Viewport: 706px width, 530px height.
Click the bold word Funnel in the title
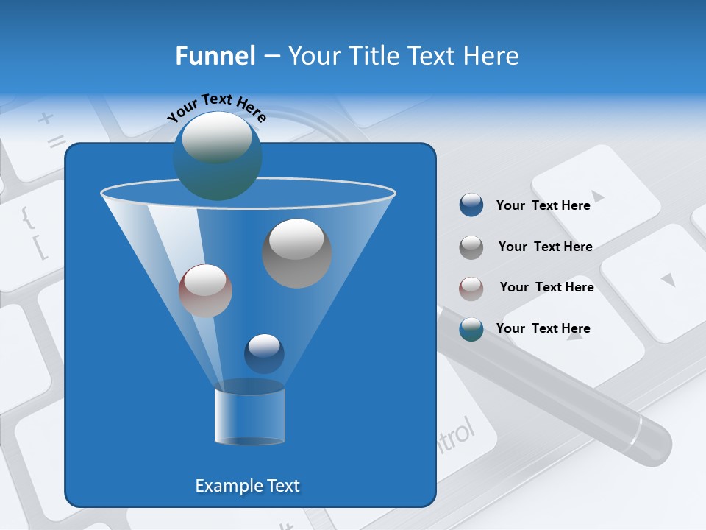[215, 56]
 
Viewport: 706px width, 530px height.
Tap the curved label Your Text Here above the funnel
[216, 107]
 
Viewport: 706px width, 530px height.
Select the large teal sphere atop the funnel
[217, 155]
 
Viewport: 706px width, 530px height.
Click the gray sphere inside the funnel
[297, 253]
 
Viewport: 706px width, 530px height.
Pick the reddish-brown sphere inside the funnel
[205, 291]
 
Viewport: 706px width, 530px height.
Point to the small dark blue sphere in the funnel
[264, 353]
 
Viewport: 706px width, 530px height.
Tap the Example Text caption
[247, 486]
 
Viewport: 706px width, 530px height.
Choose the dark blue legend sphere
[471, 205]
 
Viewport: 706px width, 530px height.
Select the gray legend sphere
[471, 247]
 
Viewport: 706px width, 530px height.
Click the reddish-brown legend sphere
[471, 288]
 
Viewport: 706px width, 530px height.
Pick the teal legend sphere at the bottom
[471, 329]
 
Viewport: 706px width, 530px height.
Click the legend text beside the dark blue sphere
[543, 205]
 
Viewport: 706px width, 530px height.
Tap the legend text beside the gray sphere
[545, 247]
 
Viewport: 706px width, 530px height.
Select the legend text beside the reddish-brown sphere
[546, 287]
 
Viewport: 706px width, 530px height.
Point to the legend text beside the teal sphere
[543, 328]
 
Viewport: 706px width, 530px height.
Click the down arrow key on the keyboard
[667, 280]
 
